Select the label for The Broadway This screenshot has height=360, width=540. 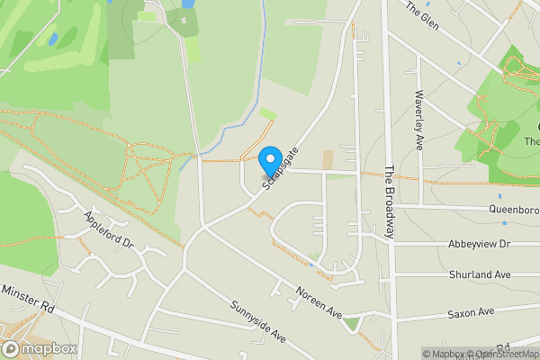tap(391, 202)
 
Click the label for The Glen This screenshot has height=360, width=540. tap(421, 15)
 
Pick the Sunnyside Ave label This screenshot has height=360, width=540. tap(256, 322)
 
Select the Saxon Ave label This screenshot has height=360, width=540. tap(472, 313)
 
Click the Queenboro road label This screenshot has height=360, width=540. tap(513, 211)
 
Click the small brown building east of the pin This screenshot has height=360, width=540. tap(327, 159)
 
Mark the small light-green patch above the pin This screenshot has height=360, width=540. tap(267, 113)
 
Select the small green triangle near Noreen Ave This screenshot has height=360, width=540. tap(351, 322)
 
